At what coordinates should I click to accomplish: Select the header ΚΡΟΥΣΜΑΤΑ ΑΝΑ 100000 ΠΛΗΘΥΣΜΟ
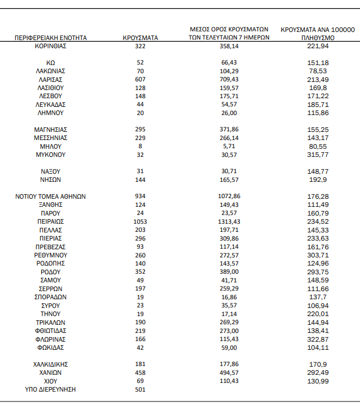[318, 33]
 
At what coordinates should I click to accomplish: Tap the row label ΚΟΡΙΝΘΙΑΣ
[51, 46]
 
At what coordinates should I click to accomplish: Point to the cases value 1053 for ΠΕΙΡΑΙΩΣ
[141, 221]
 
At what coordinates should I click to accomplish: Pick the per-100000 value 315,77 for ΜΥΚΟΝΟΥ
[318, 155]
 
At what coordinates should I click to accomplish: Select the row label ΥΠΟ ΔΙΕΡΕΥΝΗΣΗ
[51, 389]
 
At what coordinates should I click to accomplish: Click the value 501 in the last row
[141, 389]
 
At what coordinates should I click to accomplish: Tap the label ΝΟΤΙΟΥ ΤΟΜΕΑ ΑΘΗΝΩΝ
[51, 196]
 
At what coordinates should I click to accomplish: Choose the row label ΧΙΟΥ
[51, 381]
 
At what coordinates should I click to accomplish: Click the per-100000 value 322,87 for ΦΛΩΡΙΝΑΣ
[318, 339]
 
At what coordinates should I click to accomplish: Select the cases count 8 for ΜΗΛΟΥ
[141, 146]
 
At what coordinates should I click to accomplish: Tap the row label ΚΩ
[51, 63]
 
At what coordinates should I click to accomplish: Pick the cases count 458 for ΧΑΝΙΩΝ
[141, 372]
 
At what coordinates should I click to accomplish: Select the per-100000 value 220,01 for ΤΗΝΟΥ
[318, 314]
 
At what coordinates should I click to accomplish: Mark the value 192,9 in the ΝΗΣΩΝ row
[318, 180]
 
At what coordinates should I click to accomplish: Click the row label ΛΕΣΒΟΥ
[51, 96]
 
